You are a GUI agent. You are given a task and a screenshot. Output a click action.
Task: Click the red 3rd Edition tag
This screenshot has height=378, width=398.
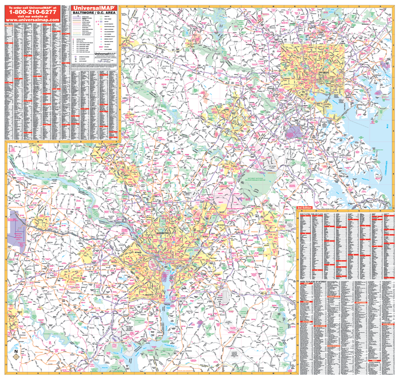click(x=304, y=208)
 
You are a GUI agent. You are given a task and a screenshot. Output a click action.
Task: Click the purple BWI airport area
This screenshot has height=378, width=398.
click(x=293, y=131)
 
